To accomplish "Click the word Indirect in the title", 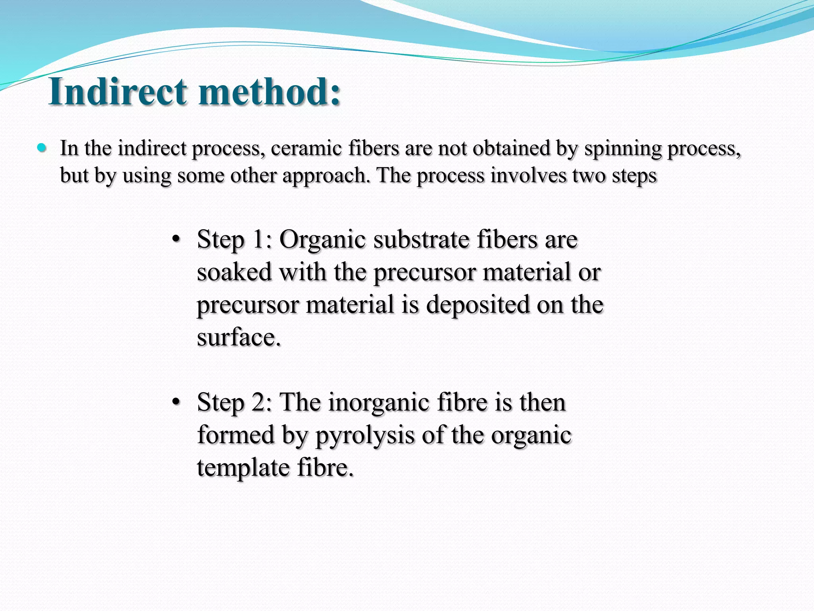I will pyautogui.click(x=118, y=91).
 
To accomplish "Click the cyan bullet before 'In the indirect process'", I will pyautogui.click(x=41, y=148).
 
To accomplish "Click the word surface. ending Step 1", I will pyautogui.click(x=239, y=338).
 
